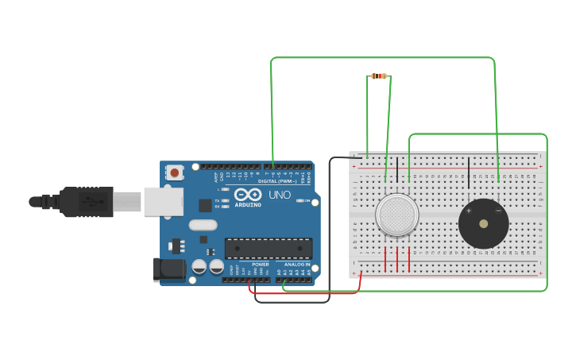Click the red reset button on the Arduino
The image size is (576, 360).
(x=174, y=171)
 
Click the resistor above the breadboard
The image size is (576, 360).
(x=379, y=76)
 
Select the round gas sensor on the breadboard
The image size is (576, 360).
(x=396, y=215)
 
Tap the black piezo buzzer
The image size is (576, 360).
(x=483, y=223)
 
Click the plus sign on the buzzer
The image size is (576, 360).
(x=469, y=211)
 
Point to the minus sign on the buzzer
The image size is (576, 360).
(x=498, y=211)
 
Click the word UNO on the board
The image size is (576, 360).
(x=279, y=195)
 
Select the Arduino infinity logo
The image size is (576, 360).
(x=248, y=194)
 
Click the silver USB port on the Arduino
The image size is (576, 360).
(x=163, y=201)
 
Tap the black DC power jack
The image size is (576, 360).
(x=168, y=269)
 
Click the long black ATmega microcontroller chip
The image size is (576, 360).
(x=268, y=248)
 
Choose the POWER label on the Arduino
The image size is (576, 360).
(x=260, y=265)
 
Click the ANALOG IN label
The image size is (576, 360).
(x=297, y=265)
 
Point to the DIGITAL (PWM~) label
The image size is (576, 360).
(x=274, y=181)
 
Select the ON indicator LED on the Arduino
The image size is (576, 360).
(x=299, y=200)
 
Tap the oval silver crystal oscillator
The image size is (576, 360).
(x=203, y=225)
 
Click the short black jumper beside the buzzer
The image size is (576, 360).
(x=469, y=172)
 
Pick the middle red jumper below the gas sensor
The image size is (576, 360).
(x=397, y=259)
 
